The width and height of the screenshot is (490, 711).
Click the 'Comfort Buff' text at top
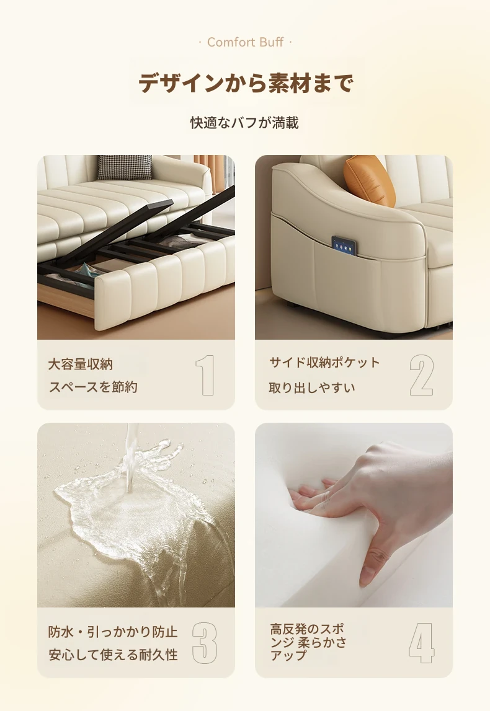pos(246,42)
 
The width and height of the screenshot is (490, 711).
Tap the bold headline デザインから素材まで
pos(246,83)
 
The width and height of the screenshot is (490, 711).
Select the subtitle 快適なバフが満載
pos(244,123)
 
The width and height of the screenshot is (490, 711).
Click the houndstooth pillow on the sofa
pos(124,167)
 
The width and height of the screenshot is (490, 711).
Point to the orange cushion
pos(368,180)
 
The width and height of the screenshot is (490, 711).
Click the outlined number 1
pos(205,375)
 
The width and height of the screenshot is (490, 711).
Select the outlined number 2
pos(422,375)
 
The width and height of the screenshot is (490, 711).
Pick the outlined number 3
pos(205,643)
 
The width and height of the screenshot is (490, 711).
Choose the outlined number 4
pos(422,643)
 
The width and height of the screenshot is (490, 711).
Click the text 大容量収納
pos(80,364)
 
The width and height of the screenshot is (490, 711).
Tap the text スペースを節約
pos(93,387)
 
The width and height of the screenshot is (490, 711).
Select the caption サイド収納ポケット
pos(324,362)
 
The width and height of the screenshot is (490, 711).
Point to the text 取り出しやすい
pos(312,388)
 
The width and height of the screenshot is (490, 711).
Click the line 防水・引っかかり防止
pos(113,632)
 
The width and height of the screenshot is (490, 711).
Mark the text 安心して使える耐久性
pos(113,655)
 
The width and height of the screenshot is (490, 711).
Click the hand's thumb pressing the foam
pos(372,562)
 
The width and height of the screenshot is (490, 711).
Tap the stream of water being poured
pos(131,458)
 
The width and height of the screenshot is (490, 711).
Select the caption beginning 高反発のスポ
pos(308,642)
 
